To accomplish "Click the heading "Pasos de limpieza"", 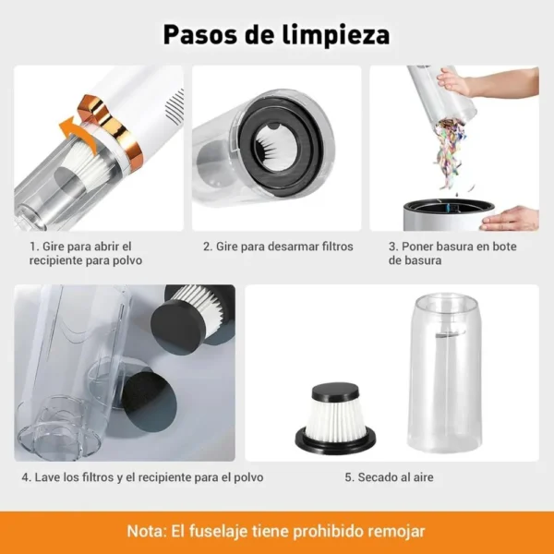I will (x=277, y=34).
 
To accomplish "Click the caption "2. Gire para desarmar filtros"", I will (x=278, y=247).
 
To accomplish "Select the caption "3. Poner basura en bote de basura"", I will (x=452, y=253).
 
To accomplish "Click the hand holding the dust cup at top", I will (x=454, y=81).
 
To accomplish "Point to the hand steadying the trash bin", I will (x=513, y=218).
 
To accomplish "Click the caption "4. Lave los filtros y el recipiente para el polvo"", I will (x=142, y=477).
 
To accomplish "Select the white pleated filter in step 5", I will (x=335, y=405).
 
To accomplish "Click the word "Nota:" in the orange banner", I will (x=147, y=532).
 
